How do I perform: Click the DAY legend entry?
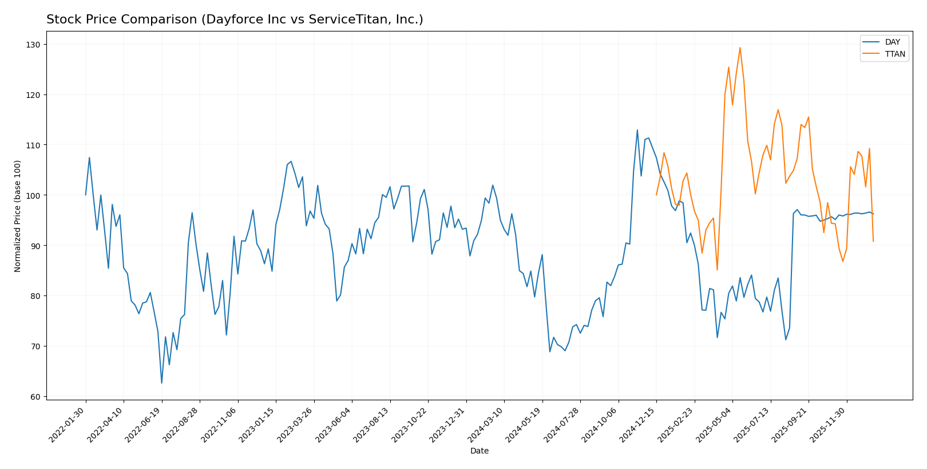tap(892, 42)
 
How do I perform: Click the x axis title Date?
tap(479, 451)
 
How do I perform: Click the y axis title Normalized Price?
tap(18, 216)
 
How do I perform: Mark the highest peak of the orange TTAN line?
tap(740, 48)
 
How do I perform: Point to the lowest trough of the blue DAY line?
tap(161, 383)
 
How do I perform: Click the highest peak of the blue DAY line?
tap(637, 130)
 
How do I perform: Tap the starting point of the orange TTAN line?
tap(656, 195)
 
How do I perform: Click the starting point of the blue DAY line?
tap(86, 195)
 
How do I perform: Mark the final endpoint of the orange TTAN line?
tap(873, 241)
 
